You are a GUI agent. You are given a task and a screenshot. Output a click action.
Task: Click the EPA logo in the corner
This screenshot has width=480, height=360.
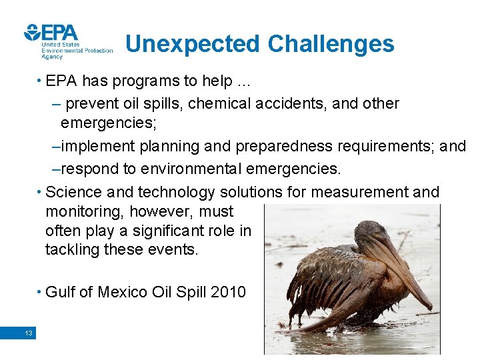52,35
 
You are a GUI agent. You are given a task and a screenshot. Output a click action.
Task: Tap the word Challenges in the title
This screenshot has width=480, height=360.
331,44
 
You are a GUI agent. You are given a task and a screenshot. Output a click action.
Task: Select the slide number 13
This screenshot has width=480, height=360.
28,333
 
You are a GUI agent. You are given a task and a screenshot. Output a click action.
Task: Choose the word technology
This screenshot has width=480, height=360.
177,193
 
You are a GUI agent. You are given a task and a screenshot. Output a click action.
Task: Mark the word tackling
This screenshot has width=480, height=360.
71,250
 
